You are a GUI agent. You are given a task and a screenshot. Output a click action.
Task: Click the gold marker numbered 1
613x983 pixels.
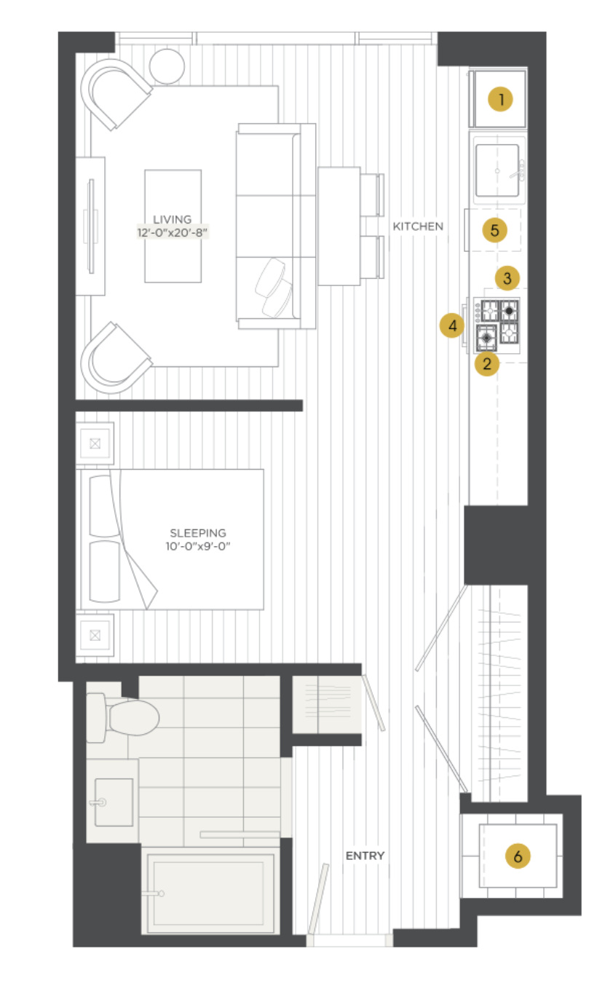pyautogui.click(x=500, y=99)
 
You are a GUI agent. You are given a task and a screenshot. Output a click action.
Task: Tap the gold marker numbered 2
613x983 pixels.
pyautogui.click(x=486, y=364)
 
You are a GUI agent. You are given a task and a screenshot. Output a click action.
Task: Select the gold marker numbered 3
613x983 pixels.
pyautogui.click(x=507, y=277)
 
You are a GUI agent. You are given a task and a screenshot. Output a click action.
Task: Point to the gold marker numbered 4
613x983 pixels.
pyautogui.click(x=452, y=325)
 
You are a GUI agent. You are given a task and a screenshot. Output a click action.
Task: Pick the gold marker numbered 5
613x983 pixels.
pyautogui.click(x=494, y=230)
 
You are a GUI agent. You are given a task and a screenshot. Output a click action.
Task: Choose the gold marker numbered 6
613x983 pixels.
pyautogui.click(x=518, y=856)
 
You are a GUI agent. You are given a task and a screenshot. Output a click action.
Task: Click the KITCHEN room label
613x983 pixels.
pyautogui.click(x=418, y=226)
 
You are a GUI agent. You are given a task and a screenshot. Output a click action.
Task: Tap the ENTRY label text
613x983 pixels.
pyautogui.click(x=365, y=856)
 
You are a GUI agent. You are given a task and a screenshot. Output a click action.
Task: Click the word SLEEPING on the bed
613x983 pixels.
pyautogui.click(x=198, y=533)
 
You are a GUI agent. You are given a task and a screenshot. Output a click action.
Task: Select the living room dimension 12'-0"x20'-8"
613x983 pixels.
pyautogui.click(x=173, y=232)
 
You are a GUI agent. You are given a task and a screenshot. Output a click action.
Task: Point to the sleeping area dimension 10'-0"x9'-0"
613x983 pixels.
pyautogui.click(x=198, y=546)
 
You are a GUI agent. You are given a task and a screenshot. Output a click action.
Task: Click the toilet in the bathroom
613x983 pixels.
pyautogui.click(x=122, y=717)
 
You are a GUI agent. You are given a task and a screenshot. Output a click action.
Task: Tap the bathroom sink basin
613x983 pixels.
pyautogui.click(x=114, y=802)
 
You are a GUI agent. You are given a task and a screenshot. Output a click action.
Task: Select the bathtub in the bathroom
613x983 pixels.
pyautogui.click(x=210, y=891)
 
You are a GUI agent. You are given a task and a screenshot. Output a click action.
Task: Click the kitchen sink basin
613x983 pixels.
pyautogui.click(x=497, y=170)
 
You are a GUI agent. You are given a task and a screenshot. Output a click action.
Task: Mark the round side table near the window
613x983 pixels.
pyautogui.click(x=167, y=66)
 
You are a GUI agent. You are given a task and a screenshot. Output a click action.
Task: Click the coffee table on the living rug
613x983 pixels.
pyautogui.click(x=173, y=226)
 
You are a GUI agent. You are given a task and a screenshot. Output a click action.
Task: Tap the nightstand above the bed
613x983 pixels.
pyautogui.click(x=95, y=443)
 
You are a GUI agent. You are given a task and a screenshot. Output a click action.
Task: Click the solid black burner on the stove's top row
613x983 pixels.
pyautogui.click(x=509, y=311)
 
